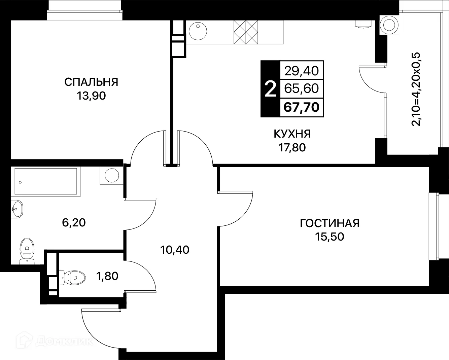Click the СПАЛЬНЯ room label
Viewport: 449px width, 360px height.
click(91, 82)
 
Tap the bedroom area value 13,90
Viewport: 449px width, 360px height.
click(91, 96)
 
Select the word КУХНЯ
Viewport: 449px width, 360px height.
click(292, 134)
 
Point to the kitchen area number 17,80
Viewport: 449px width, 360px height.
click(292, 147)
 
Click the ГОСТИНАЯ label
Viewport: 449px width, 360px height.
click(330, 223)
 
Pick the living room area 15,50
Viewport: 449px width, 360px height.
click(330, 237)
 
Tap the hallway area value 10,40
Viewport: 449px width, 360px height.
click(175, 250)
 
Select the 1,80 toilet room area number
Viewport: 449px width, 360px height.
click(107, 276)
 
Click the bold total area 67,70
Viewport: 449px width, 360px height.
click(302, 107)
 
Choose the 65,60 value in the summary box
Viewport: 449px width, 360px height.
click(302, 88)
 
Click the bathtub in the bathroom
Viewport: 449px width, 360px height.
click(45, 182)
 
